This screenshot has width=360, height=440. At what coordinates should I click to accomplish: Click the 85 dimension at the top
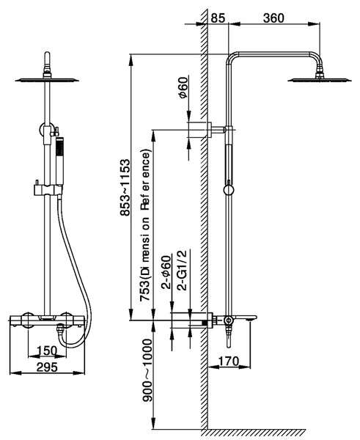coord(218,18)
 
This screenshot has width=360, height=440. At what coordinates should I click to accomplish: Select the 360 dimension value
coord(273,18)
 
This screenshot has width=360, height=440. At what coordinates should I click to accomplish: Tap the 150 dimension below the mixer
coord(47,351)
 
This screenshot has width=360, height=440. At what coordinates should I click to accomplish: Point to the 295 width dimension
coord(47,367)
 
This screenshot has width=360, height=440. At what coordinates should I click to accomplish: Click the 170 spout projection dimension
coord(229,361)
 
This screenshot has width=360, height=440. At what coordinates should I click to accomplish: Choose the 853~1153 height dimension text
coord(125,188)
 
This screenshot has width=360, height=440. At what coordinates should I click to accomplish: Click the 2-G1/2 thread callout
coord(183,270)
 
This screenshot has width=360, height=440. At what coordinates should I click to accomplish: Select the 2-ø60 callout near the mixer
coord(166,272)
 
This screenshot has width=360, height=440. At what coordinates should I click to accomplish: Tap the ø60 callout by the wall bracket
coord(183,87)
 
